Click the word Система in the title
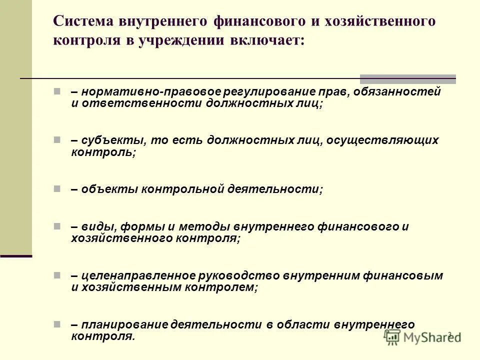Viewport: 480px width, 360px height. [82, 22]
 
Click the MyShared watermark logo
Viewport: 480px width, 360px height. [423, 337]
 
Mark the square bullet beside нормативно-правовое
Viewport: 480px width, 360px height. [57, 92]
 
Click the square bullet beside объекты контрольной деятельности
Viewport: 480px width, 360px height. [57, 189]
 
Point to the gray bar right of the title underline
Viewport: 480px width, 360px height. [408, 78]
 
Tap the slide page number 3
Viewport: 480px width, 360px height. [449, 334]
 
